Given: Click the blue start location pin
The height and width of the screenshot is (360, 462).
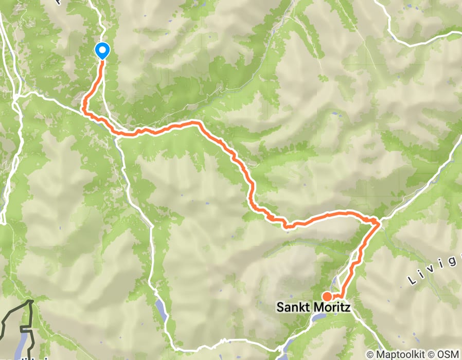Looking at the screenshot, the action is coord(102,51).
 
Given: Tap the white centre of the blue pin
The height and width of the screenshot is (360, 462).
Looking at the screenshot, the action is coord(102,50).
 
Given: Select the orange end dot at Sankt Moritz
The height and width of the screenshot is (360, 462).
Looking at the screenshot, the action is coord(327,296).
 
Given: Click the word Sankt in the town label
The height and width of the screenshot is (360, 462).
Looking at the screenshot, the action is coord(294,308).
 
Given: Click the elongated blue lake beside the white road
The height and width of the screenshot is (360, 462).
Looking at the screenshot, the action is coord(161,308).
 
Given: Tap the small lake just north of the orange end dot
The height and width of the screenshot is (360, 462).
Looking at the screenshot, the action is coord(335,280).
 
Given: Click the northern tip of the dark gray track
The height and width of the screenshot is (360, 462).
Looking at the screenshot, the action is coord(32,301).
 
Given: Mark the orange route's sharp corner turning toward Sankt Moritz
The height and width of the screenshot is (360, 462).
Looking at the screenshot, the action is coord(379,222).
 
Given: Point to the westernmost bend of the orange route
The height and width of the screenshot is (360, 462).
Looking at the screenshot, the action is coord(83,107).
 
